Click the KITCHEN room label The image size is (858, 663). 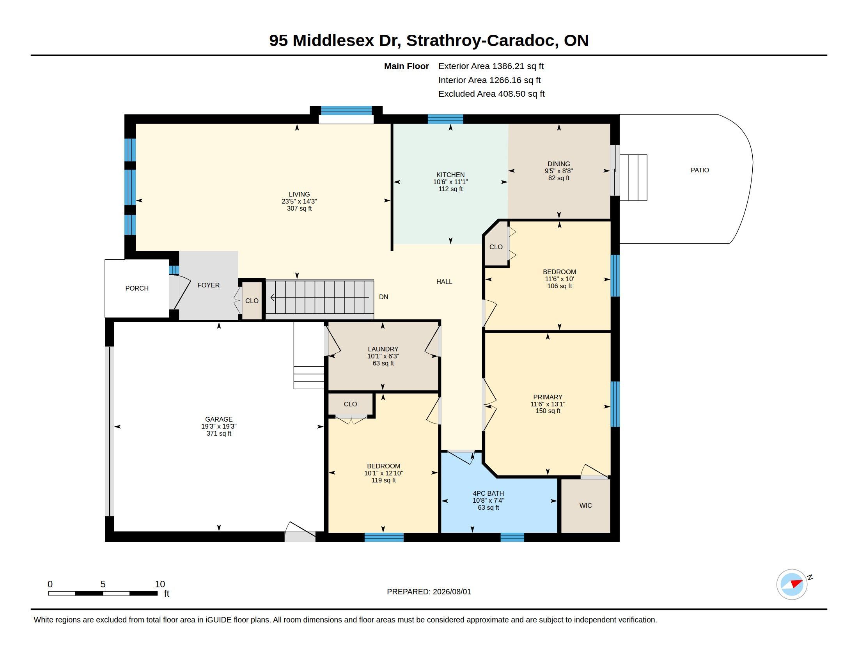[x=450, y=175]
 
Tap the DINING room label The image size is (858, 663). [x=558, y=164]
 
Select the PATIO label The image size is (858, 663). [x=700, y=170]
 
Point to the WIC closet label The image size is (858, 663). [x=585, y=505]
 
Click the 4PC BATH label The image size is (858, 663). [x=488, y=493]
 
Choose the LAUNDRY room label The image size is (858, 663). [x=383, y=349]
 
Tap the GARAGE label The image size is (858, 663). [x=219, y=419]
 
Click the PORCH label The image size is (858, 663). [x=137, y=288]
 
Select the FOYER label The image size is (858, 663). [x=208, y=285]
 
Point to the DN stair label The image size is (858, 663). [x=383, y=297]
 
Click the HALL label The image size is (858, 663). [x=444, y=282]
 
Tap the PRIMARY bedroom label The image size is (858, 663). [x=548, y=397]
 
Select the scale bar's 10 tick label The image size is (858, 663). [x=160, y=584]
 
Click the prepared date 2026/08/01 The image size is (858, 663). [x=452, y=592]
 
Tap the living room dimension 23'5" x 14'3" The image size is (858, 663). [x=300, y=202]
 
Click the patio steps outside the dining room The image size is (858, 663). [x=633, y=177]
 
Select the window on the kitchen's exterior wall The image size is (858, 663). [x=445, y=119]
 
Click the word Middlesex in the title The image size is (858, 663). [x=333, y=41]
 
